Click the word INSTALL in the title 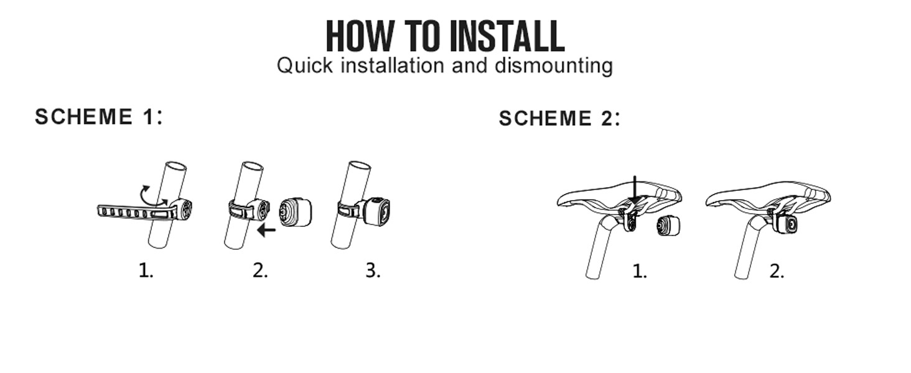(507, 36)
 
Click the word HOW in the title (360, 36)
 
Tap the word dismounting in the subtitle (554, 66)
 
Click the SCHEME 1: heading (99, 117)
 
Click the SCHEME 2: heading (559, 118)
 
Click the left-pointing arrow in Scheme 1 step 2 (266, 231)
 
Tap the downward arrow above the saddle (635, 190)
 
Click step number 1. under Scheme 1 (146, 270)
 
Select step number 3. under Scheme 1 (373, 270)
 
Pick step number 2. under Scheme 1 (260, 270)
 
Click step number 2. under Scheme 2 (777, 272)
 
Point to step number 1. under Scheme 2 (640, 272)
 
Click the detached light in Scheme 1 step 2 (295, 213)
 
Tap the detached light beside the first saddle (668, 226)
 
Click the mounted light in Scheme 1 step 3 (375, 212)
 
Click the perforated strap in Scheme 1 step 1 (135, 213)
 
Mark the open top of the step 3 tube (360, 166)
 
